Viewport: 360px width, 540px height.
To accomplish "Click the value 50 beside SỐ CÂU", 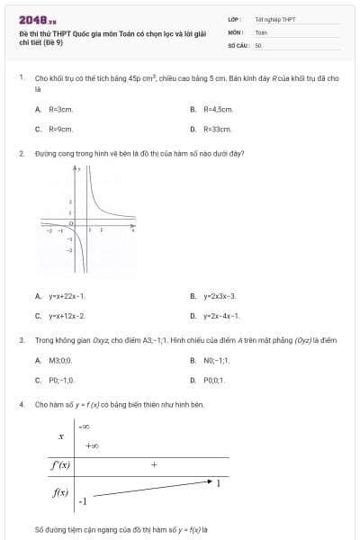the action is tap(258, 44).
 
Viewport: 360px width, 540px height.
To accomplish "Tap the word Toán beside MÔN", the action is tap(261, 31).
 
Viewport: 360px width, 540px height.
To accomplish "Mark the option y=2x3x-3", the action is tap(220, 295).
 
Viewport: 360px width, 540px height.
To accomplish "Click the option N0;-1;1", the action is tap(216, 360).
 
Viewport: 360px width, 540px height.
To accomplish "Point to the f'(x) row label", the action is tap(61, 465).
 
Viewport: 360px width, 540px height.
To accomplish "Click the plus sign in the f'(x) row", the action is tap(154, 465).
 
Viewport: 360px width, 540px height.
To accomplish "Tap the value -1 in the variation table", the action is tap(83, 500).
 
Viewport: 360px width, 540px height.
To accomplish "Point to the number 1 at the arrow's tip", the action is tap(219, 483).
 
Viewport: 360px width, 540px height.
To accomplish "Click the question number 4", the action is tap(21, 405).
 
